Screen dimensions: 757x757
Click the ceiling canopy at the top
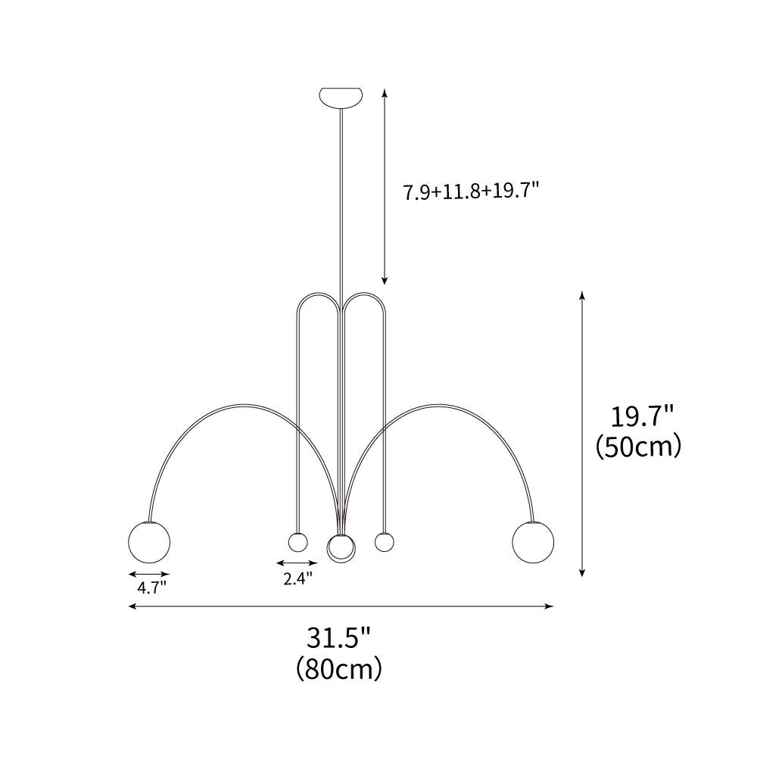341,98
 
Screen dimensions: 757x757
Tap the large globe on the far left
150,542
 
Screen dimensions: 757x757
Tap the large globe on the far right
534,542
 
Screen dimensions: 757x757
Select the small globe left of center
298,542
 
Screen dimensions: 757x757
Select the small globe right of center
385,542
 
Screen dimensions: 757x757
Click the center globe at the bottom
341,548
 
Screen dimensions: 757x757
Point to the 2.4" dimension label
298,578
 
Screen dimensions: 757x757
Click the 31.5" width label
338,638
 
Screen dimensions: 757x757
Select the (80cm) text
339,669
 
